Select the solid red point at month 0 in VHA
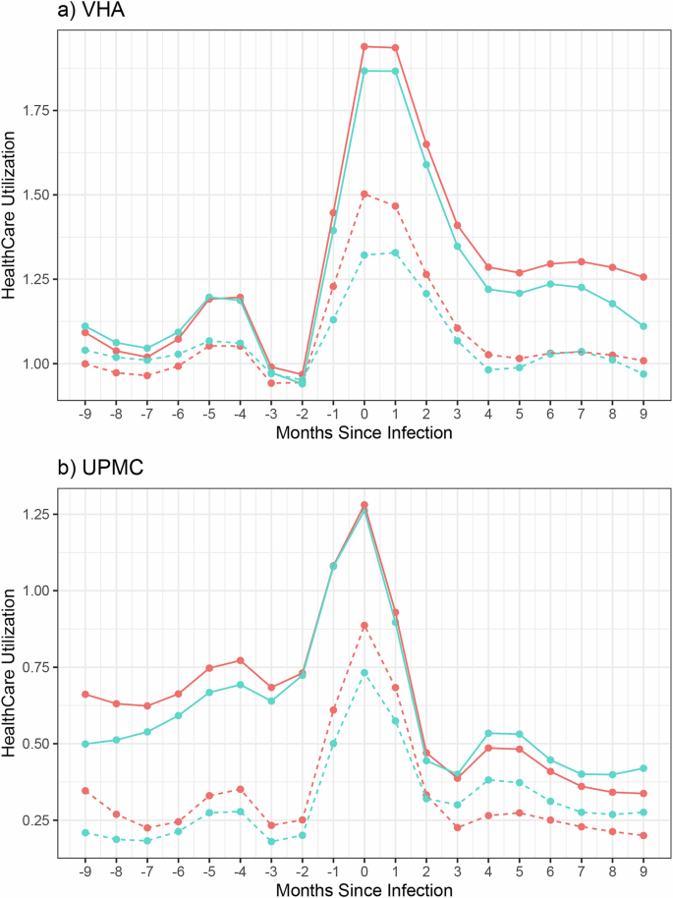(x=364, y=46)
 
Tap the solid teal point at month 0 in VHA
(x=364, y=71)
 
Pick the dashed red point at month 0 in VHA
(x=364, y=194)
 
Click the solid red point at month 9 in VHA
(x=644, y=277)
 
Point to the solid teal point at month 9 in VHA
(x=644, y=326)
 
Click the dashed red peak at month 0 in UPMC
(x=364, y=625)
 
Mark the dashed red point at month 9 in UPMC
(x=644, y=835)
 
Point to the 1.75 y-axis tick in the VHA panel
(x=38, y=110)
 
